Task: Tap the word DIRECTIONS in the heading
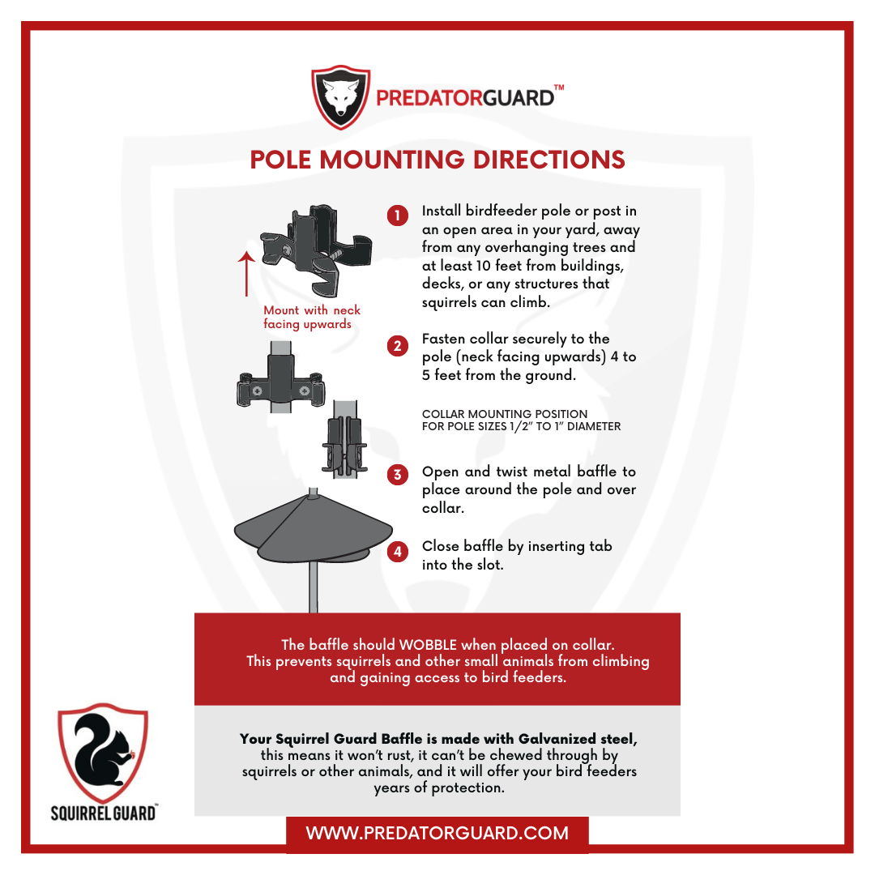coord(548,160)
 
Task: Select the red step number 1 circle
coord(397,216)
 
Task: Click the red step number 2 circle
coord(397,346)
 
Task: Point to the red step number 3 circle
coord(397,475)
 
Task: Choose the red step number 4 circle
coord(397,552)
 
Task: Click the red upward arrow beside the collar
coord(246,274)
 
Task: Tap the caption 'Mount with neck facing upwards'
coord(312,317)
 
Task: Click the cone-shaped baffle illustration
coord(313,529)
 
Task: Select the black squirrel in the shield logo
coord(102,749)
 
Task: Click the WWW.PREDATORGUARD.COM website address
coord(437,833)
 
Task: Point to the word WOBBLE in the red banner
coord(428,645)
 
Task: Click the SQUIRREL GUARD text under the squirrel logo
coord(103,813)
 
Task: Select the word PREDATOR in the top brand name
coord(429,98)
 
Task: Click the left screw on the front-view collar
coord(257,391)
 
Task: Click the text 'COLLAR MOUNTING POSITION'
coord(505,414)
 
